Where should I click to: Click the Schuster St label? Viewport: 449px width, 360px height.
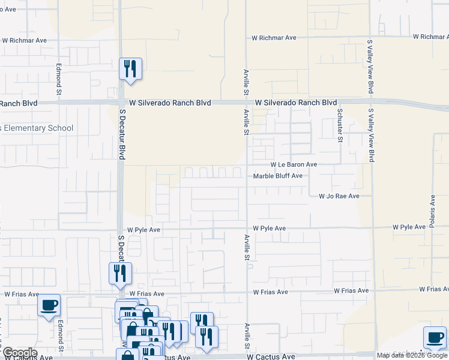point(339,125)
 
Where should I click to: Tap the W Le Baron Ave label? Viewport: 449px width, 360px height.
point(294,164)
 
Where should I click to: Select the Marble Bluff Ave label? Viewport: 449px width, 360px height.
point(277,176)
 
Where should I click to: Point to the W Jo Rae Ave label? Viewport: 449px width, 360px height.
point(339,196)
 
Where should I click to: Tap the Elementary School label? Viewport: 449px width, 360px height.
point(37,128)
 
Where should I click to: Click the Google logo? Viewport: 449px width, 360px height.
point(19,353)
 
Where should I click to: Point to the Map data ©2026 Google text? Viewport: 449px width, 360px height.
point(413,356)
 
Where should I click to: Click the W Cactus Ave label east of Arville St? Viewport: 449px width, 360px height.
point(274,356)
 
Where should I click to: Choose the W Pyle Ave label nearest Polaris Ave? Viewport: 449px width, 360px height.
point(409,227)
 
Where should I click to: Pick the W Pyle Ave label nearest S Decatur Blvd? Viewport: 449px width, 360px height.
point(143,230)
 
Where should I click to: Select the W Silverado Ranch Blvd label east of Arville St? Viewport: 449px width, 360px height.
point(295,103)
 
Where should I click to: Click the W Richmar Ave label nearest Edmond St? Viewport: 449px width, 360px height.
point(24,41)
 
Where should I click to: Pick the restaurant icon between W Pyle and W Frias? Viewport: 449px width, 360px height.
point(119,273)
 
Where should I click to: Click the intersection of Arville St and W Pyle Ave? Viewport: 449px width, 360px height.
point(246,228)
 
